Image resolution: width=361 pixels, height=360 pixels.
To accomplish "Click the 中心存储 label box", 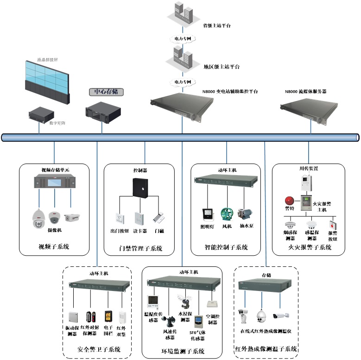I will click(x=106, y=92).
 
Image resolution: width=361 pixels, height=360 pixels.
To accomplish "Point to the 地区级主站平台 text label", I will click(x=222, y=67).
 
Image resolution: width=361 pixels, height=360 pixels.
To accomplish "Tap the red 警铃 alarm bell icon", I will click(x=289, y=201).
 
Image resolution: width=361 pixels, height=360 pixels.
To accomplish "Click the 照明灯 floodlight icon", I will click(x=207, y=214).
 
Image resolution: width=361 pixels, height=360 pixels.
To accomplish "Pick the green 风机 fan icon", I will click(x=227, y=214).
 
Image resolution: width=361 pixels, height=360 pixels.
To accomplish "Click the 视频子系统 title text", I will click(x=54, y=247).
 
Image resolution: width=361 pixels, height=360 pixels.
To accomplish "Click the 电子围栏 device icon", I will click(x=108, y=316).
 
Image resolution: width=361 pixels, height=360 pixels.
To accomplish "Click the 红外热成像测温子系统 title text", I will click(x=266, y=349).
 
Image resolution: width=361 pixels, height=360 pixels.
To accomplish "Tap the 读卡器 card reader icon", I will click(x=139, y=218).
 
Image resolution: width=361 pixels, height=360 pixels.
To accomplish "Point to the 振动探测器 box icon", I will click(x=73, y=317).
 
